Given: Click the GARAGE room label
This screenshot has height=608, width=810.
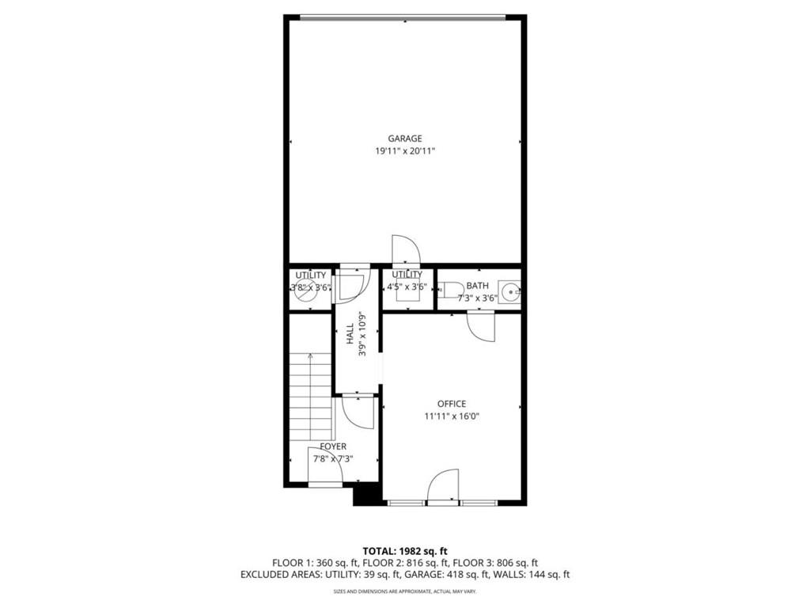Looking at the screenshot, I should tap(404, 139).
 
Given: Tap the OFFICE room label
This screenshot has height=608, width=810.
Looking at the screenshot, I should tap(452, 404).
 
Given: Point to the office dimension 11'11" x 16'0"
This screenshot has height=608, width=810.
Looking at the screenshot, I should tap(452, 416).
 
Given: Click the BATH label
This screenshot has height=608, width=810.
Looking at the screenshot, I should tap(477, 286).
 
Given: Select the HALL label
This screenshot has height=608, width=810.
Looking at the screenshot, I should tap(350, 333).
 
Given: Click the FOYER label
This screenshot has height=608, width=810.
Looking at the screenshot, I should tap(332, 446).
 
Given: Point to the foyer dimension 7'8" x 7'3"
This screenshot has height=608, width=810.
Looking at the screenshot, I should tap(332, 458).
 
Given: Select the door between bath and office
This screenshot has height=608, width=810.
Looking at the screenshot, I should tap(480, 325).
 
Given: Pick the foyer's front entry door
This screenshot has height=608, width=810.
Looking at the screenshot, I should tap(324, 470).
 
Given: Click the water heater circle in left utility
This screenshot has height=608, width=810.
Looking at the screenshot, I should tap(301, 292).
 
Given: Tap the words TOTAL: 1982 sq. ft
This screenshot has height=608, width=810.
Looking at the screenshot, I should tap(405, 551).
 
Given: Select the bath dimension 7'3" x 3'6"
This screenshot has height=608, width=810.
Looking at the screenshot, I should tap(477, 298).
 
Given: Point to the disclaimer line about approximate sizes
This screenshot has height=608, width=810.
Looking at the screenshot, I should tap(405, 591).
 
